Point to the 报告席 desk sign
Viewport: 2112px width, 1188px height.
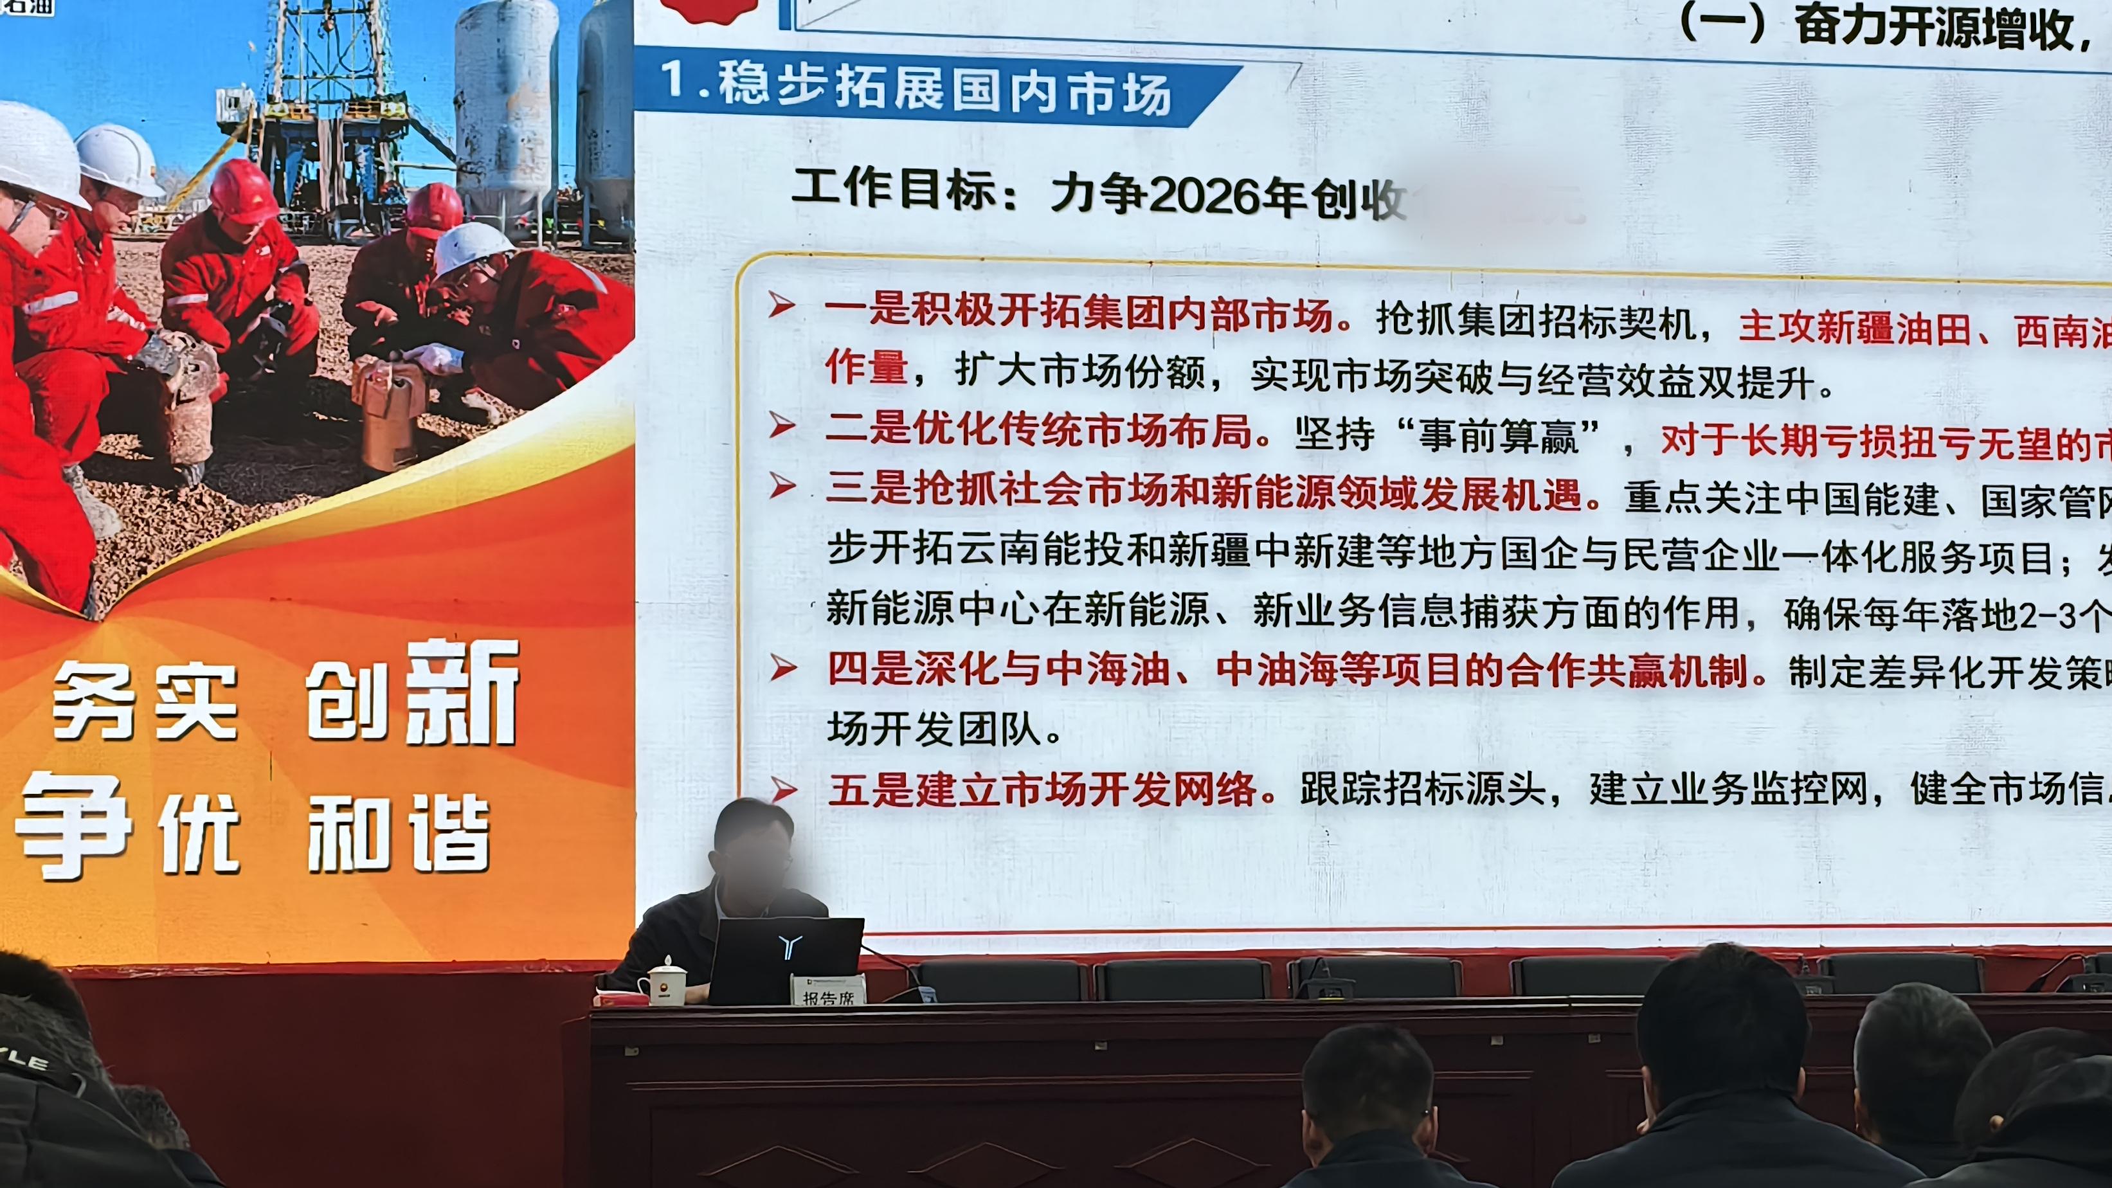pos(828,991)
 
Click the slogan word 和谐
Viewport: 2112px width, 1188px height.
pos(399,834)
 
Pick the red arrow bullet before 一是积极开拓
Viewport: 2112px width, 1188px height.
pos(781,305)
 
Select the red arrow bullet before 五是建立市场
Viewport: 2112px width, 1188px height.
pos(783,789)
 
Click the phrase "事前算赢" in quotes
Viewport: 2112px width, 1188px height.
pos(1497,435)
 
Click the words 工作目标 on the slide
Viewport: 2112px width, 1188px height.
pos(894,188)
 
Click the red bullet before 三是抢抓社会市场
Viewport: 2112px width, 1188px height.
pos(782,486)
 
